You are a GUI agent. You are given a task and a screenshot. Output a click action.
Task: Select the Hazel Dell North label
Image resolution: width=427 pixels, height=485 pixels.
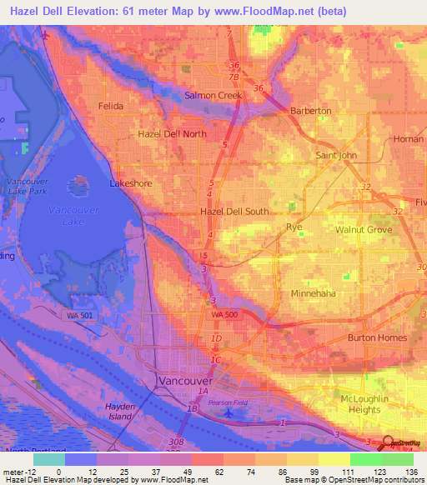(x=172, y=133)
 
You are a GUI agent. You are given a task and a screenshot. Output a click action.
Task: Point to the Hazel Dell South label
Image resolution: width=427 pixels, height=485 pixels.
(x=234, y=212)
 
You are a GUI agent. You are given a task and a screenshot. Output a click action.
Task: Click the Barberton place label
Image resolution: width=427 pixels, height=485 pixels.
(x=310, y=111)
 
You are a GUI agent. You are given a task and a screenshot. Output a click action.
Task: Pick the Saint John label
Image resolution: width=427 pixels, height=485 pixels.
(x=337, y=155)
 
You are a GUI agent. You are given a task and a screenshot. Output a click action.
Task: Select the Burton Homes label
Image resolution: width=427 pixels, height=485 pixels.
(x=378, y=337)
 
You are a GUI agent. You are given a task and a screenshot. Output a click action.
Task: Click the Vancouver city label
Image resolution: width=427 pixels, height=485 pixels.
(x=185, y=381)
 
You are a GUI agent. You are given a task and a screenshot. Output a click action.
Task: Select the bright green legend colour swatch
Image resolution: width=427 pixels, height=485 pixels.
(x=364, y=459)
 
